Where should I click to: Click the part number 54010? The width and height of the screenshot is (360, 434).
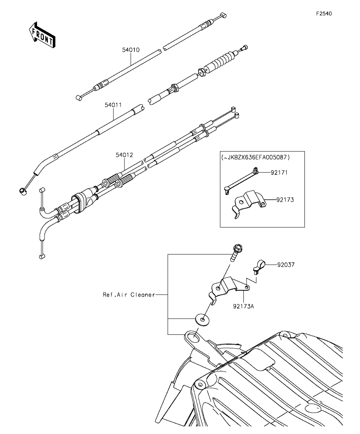tap(131, 50)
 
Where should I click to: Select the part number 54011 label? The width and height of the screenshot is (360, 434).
tap(113, 105)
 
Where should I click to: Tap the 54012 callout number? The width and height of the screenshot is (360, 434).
tap(124, 155)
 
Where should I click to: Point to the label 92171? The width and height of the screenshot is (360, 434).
tap(279, 173)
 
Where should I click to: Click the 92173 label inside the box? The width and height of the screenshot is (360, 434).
tap(285, 199)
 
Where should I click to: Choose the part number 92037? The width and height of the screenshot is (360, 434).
tap(286, 264)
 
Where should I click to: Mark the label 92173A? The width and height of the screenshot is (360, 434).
tap(243, 307)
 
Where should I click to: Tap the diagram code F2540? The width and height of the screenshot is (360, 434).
tap(324, 13)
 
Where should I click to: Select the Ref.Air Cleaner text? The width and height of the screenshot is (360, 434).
tap(129, 295)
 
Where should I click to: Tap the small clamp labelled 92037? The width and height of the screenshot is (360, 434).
tap(259, 266)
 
